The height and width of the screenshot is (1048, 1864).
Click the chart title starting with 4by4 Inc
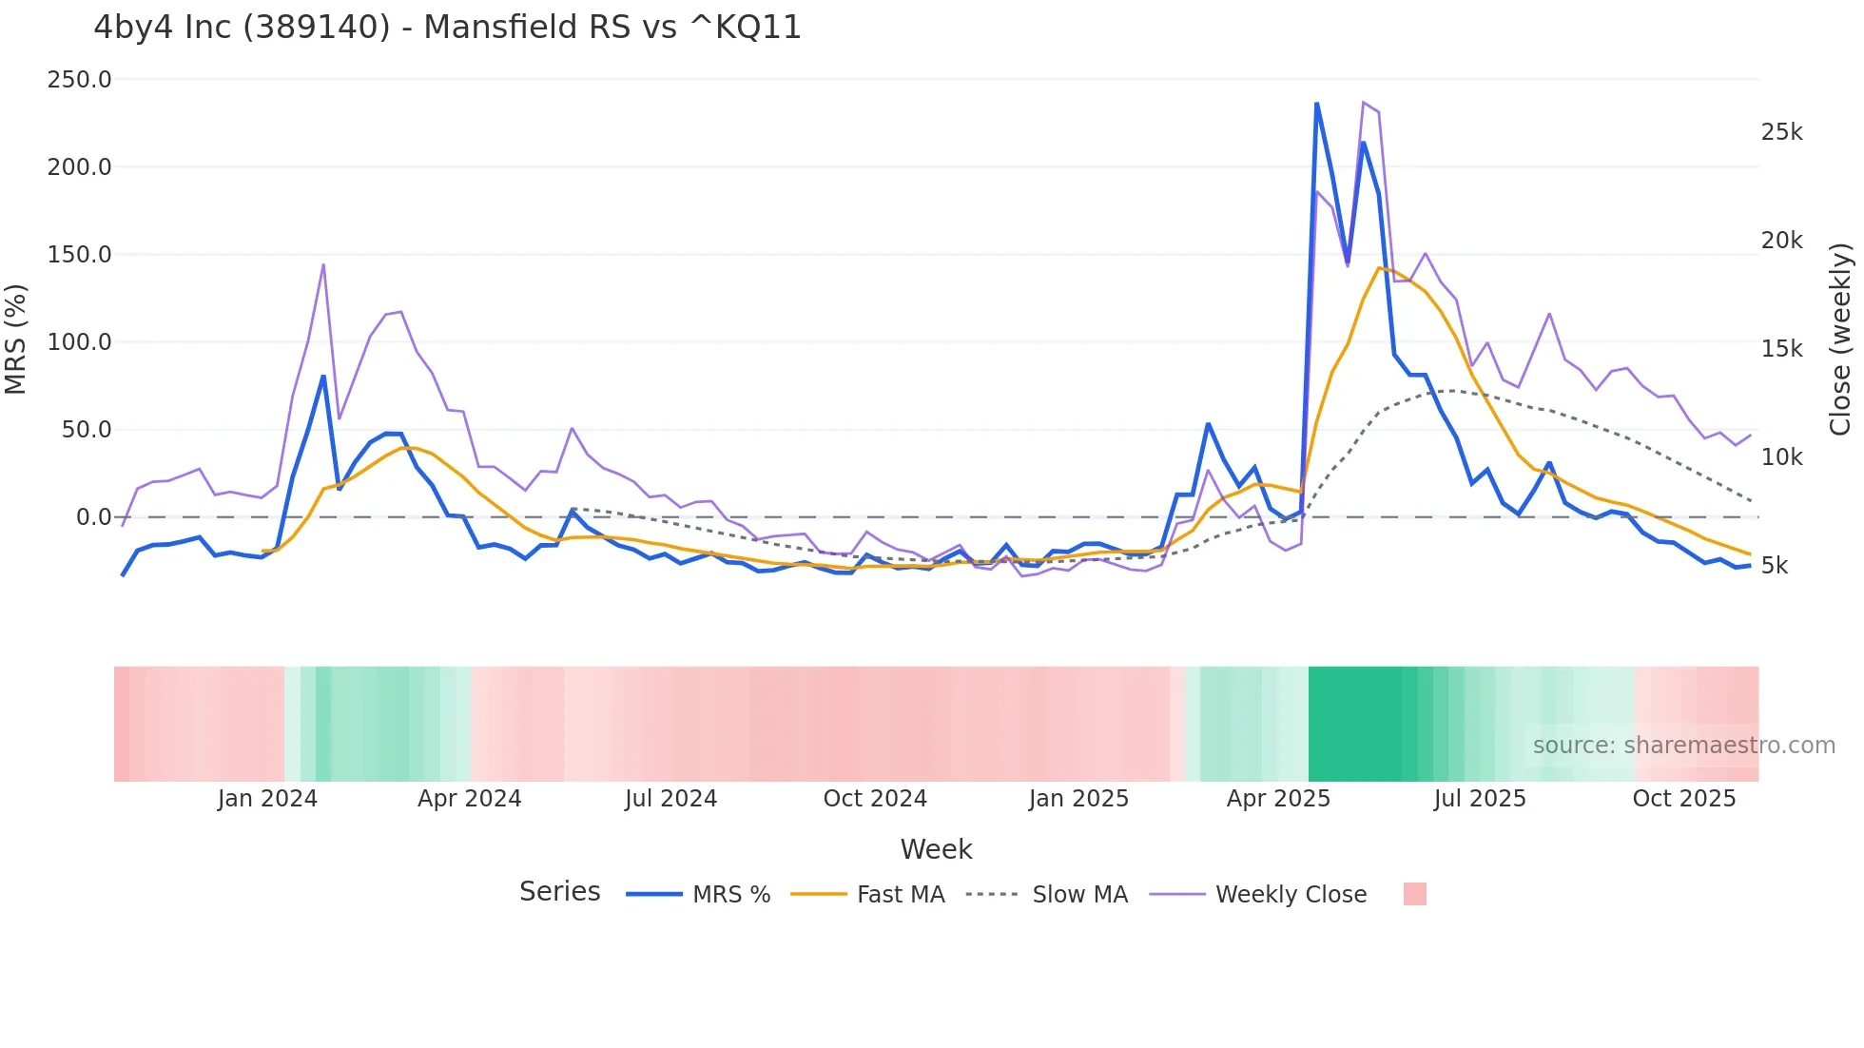[447, 28]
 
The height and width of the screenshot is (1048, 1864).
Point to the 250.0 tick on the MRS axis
[80, 80]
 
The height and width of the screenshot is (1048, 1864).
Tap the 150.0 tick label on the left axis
[80, 255]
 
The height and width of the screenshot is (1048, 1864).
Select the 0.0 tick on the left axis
[94, 517]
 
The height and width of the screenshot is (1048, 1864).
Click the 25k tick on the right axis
[1781, 132]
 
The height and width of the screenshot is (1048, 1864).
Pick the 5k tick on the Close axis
[1775, 566]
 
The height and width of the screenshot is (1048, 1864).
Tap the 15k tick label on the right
[1781, 349]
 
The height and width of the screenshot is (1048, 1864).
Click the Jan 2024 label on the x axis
[267, 799]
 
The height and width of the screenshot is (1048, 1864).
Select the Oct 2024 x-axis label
[875, 799]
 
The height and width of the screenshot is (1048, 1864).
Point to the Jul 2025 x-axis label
[1480, 799]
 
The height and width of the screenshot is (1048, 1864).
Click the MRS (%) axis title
[16, 339]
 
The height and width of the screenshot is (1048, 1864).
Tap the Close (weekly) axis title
[1840, 339]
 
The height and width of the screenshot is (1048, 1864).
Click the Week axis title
[936, 849]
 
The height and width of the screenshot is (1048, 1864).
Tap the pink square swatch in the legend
[1414, 894]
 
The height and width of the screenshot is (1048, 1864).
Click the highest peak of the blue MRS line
[1317, 104]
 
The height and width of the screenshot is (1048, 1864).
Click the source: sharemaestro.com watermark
[1683, 746]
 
